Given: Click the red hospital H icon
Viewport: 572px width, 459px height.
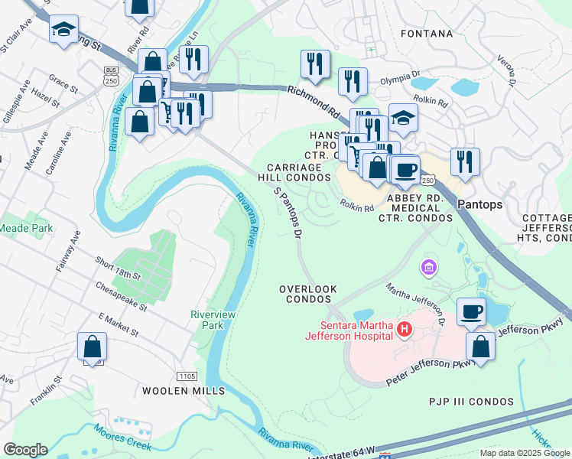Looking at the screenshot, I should [405, 330].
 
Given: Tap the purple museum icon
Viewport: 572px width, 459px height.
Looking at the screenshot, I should [427, 268].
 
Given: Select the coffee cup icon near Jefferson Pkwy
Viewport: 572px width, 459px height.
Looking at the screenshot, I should [472, 311].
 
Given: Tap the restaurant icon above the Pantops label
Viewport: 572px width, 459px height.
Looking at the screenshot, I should [465, 162].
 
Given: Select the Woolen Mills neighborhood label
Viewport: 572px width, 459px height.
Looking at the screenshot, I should [184, 390].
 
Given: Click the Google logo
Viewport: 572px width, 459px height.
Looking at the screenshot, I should [25, 450].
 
